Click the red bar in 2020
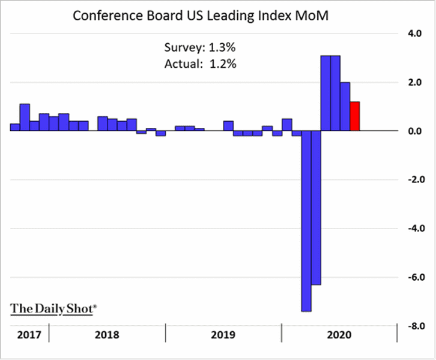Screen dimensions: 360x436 [x=355, y=116]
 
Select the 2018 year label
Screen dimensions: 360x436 [x=107, y=334]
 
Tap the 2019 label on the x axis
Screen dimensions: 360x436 [x=223, y=334]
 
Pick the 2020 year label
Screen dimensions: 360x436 [x=339, y=334]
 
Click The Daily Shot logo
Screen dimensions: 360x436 [x=53, y=308]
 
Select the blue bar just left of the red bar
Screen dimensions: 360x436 [x=345, y=106]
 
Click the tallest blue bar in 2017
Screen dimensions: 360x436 [x=25, y=117]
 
